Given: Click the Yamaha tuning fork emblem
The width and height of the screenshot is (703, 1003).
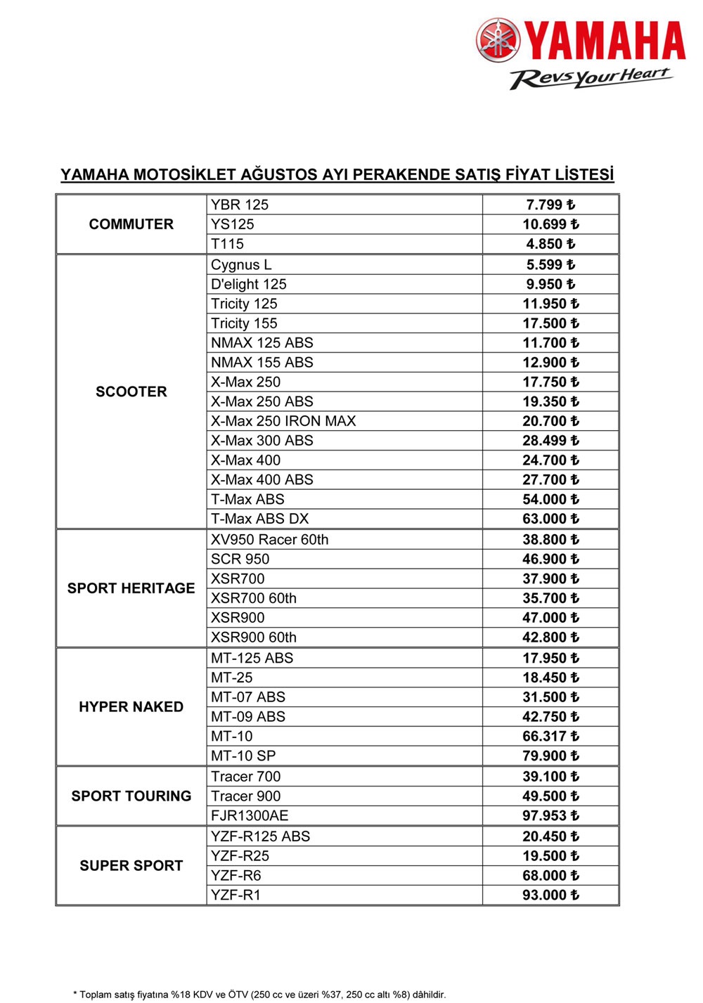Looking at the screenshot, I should pos(498,40).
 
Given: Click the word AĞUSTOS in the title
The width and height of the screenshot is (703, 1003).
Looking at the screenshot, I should pos(279,174).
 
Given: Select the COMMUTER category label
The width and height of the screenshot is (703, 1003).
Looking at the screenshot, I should pos(131,224).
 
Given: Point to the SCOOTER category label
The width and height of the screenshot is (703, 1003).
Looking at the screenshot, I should pos(131,392).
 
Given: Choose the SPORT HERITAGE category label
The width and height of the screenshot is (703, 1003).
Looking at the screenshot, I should pos(131,588).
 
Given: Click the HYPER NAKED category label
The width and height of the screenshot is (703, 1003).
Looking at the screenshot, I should pos(131,707).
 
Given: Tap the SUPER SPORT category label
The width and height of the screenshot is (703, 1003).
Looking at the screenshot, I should pos(131,866).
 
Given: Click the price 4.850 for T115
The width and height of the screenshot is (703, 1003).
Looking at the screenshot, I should pos(550,244).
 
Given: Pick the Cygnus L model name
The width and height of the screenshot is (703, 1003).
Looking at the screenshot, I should pos(241,265).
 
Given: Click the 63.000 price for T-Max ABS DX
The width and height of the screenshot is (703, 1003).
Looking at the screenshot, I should pos(550,519).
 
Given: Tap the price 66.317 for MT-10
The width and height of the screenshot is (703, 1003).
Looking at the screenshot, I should pos(550,737).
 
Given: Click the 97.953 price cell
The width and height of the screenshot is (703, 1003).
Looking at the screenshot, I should pos(550,816).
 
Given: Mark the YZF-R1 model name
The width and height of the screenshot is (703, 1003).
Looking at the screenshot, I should pos(236,895).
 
